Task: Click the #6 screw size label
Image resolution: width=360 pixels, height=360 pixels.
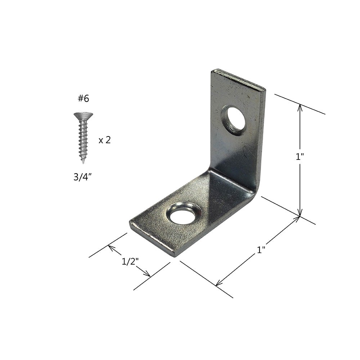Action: tap(83, 99)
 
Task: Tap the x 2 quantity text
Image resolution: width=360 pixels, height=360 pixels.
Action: tap(104, 140)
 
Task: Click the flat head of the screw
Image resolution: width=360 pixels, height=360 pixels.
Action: tap(83, 116)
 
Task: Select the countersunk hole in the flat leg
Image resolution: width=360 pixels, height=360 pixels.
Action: tap(184, 214)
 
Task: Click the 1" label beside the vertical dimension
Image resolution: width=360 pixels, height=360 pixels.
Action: tap(300, 157)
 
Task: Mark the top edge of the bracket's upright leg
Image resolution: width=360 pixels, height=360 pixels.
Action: tap(238, 78)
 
